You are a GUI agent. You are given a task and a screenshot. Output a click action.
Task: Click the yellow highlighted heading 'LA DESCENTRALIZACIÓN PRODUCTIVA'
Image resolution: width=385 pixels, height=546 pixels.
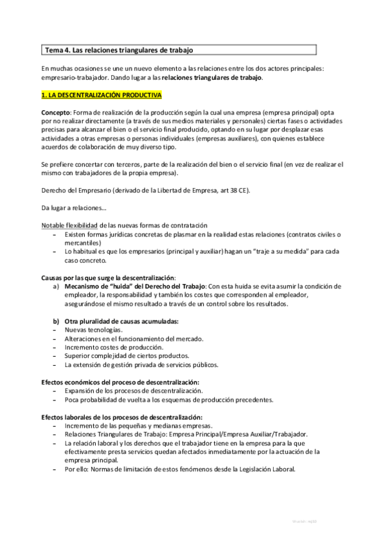tap(103, 95)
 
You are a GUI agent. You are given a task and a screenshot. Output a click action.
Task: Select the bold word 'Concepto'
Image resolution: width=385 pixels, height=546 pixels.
tap(55, 112)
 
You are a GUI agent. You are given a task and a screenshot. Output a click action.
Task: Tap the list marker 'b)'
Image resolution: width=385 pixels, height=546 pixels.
tap(57, 321)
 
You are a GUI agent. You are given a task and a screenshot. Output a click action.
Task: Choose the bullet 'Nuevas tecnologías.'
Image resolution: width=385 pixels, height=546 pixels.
tap(93, 330)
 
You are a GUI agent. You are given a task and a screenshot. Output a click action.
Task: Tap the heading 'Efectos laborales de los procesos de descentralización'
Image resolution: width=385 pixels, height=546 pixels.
tap(121, 417)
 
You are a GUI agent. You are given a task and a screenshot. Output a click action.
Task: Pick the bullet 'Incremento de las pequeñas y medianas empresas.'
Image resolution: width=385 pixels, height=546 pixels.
tap(138, 426)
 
